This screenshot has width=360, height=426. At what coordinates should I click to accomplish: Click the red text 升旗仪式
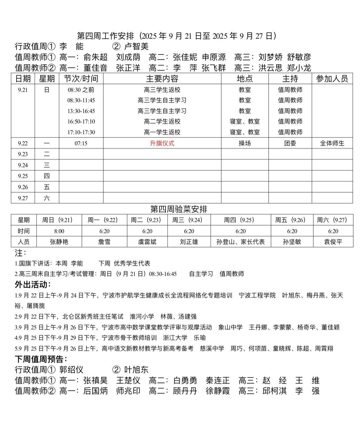pyautogui.click(x=162, y=143)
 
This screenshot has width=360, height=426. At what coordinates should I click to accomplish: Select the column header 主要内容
pyautogui.click(x=162, y=79)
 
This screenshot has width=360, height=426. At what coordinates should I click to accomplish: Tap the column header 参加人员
pyautogui.click(x=332, y=79)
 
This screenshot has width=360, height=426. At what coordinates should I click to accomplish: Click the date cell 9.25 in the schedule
pyautogui.click(x=23, y=176)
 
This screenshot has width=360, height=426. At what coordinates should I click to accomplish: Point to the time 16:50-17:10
pyautogui.click(x=81, y=121)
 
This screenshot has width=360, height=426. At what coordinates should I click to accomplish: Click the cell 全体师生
pyautogui.click(x=332, y=143)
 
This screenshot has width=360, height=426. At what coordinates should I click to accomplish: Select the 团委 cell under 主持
pyautogui.click(x=290, y=143)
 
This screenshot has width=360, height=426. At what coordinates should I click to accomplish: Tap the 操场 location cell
pyautogui.click(x=245, y=143)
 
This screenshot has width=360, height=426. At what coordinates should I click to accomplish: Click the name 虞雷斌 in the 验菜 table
pyautogui.click(x=147, y=242)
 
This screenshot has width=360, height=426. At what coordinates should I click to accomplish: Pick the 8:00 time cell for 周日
pyautogui.click(x=59, y=231)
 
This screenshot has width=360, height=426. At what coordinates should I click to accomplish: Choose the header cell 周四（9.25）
pyautogui.click(x=241, y=220)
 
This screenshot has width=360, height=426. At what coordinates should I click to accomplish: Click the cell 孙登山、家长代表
pyautogui.click(x=241, y=242)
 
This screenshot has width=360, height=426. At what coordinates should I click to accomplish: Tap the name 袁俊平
pyautogui.click(x=333, y=242)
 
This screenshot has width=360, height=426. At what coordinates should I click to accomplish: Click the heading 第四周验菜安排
pyautogui.click(x=179, y=209)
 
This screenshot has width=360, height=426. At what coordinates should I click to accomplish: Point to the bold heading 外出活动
pyautogui.click(x=32, y=284)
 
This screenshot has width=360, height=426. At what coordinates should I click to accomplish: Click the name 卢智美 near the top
pyautogui.click(x=136, y=46)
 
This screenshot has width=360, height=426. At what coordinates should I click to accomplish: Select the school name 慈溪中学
pyautogui.click(x=212, y=348)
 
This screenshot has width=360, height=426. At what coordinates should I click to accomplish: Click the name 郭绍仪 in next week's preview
pyautogui.click(x=71, y=370)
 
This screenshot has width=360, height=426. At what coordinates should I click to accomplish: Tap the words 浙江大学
pyautogui.click(x=175, y=338)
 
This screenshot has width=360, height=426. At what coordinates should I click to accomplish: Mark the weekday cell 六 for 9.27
pyautogui.click(x=47, y=198)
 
